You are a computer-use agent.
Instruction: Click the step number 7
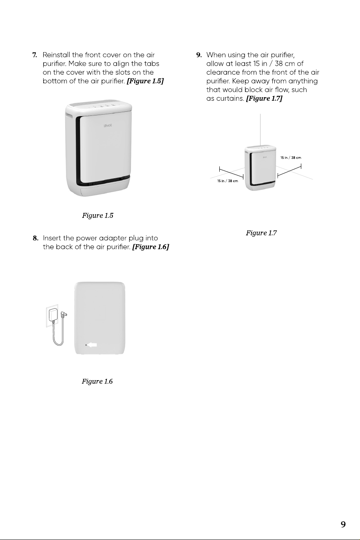click(35, 55)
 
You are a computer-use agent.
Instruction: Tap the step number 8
click(35, 238)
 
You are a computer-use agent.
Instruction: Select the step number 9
click(199, 55)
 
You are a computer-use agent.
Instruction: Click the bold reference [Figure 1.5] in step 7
click(145, 81)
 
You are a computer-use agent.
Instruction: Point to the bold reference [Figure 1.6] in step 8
click(150, 247)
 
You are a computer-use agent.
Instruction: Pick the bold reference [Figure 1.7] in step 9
click(264, 98)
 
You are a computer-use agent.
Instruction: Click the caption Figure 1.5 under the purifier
click(97, 215)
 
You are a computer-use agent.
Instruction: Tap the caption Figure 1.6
click(97, 381)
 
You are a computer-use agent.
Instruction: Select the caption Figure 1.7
click(261, 233)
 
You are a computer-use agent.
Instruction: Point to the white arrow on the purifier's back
click(92, 345)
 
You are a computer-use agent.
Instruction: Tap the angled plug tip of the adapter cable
click(64, 314)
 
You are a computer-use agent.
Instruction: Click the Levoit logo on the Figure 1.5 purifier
click(108, 125)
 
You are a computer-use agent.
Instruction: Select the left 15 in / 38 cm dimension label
click(228, 181)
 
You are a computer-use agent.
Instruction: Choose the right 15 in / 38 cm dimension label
click(291, 158)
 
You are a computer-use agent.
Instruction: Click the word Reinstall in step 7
click(56, 55)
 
